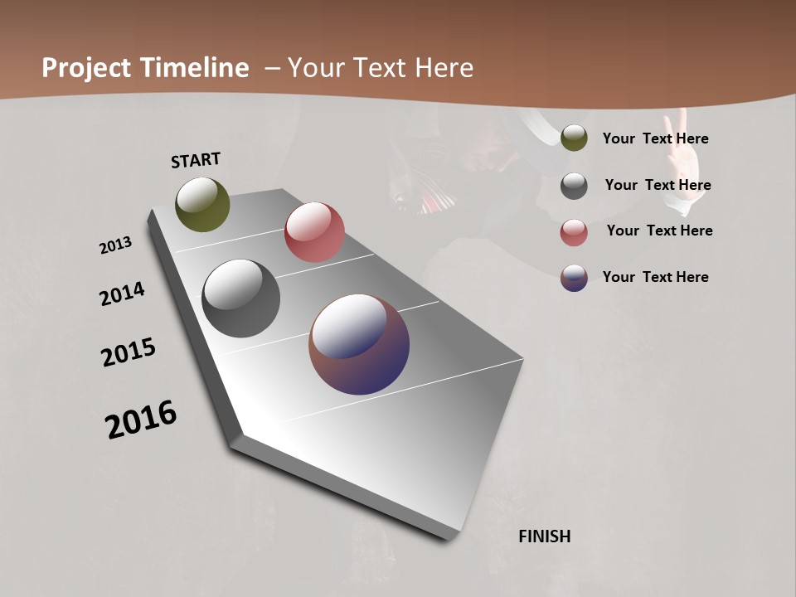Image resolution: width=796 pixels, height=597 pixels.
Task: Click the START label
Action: (x=196, y=160)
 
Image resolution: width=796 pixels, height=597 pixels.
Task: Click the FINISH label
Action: (x=544, y=536)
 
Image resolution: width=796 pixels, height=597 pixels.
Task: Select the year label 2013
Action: (x=115, y=245)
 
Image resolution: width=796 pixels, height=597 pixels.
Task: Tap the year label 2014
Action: (x=122, y=294)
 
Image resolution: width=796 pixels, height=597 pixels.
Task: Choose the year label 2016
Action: (x=141, y=419)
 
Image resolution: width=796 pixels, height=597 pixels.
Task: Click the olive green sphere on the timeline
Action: (x=202, y=204)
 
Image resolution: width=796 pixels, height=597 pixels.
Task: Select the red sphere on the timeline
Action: (x=314, y=232)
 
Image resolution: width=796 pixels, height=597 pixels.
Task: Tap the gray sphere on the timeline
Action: (x=240, y=298)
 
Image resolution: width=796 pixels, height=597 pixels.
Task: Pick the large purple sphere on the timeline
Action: (x=359, y=344)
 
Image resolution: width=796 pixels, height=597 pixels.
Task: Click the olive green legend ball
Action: (x=574, y=138)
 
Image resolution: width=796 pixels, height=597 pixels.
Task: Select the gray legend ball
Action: (x=574, y=186)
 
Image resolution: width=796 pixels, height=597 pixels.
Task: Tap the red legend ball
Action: (x=574, y=232)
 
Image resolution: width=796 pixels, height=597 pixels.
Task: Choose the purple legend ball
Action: (x=574, y=278)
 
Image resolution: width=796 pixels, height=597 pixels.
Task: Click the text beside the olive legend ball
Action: (x=655, y=139)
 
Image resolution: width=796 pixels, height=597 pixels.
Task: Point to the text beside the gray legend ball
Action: (x=658, y=185)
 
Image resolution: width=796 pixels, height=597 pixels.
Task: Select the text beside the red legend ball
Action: (x=659, y=231)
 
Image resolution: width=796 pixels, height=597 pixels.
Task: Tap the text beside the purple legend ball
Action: (x=655, y=277)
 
